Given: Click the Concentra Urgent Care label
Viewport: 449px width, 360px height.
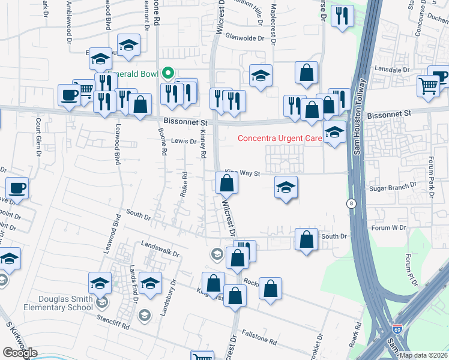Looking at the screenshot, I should click(x=280, y=138).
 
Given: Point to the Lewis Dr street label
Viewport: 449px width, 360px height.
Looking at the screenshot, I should click(x=184, y=142).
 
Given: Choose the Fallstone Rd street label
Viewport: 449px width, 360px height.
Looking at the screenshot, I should click(x=259, y=338).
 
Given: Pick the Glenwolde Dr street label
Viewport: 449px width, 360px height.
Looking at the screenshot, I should click(x=244, y=38).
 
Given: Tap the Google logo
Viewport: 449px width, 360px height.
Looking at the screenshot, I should click(x=20, y=353).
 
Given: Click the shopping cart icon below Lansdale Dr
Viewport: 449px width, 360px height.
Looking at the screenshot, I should click(x=427, y=86).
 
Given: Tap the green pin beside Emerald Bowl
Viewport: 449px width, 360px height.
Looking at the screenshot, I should click(x=168, y=74).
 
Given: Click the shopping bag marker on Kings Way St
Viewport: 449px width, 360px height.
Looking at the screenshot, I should click(x=226, y=183).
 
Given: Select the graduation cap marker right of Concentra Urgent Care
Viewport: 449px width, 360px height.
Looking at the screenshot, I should click(x=334, y=133).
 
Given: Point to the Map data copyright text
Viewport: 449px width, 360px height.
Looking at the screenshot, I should click(x=424, y=355).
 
